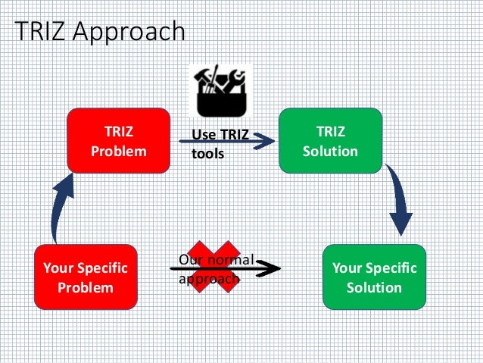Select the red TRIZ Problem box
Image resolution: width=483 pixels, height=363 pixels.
[119, 141]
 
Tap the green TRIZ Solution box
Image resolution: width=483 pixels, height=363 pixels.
[330, 141]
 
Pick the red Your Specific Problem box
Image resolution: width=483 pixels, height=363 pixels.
[86, 277]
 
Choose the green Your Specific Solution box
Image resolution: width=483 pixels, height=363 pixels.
[374, 277]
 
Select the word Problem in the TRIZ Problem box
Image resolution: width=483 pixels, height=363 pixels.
[119, 151]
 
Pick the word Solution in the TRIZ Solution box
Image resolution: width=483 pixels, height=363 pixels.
[330, 151]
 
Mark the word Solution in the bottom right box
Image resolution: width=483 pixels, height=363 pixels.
[374, 287]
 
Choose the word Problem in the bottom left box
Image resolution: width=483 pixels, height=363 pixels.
[86, 287]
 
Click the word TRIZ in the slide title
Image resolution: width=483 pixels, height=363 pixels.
[41, 32]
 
